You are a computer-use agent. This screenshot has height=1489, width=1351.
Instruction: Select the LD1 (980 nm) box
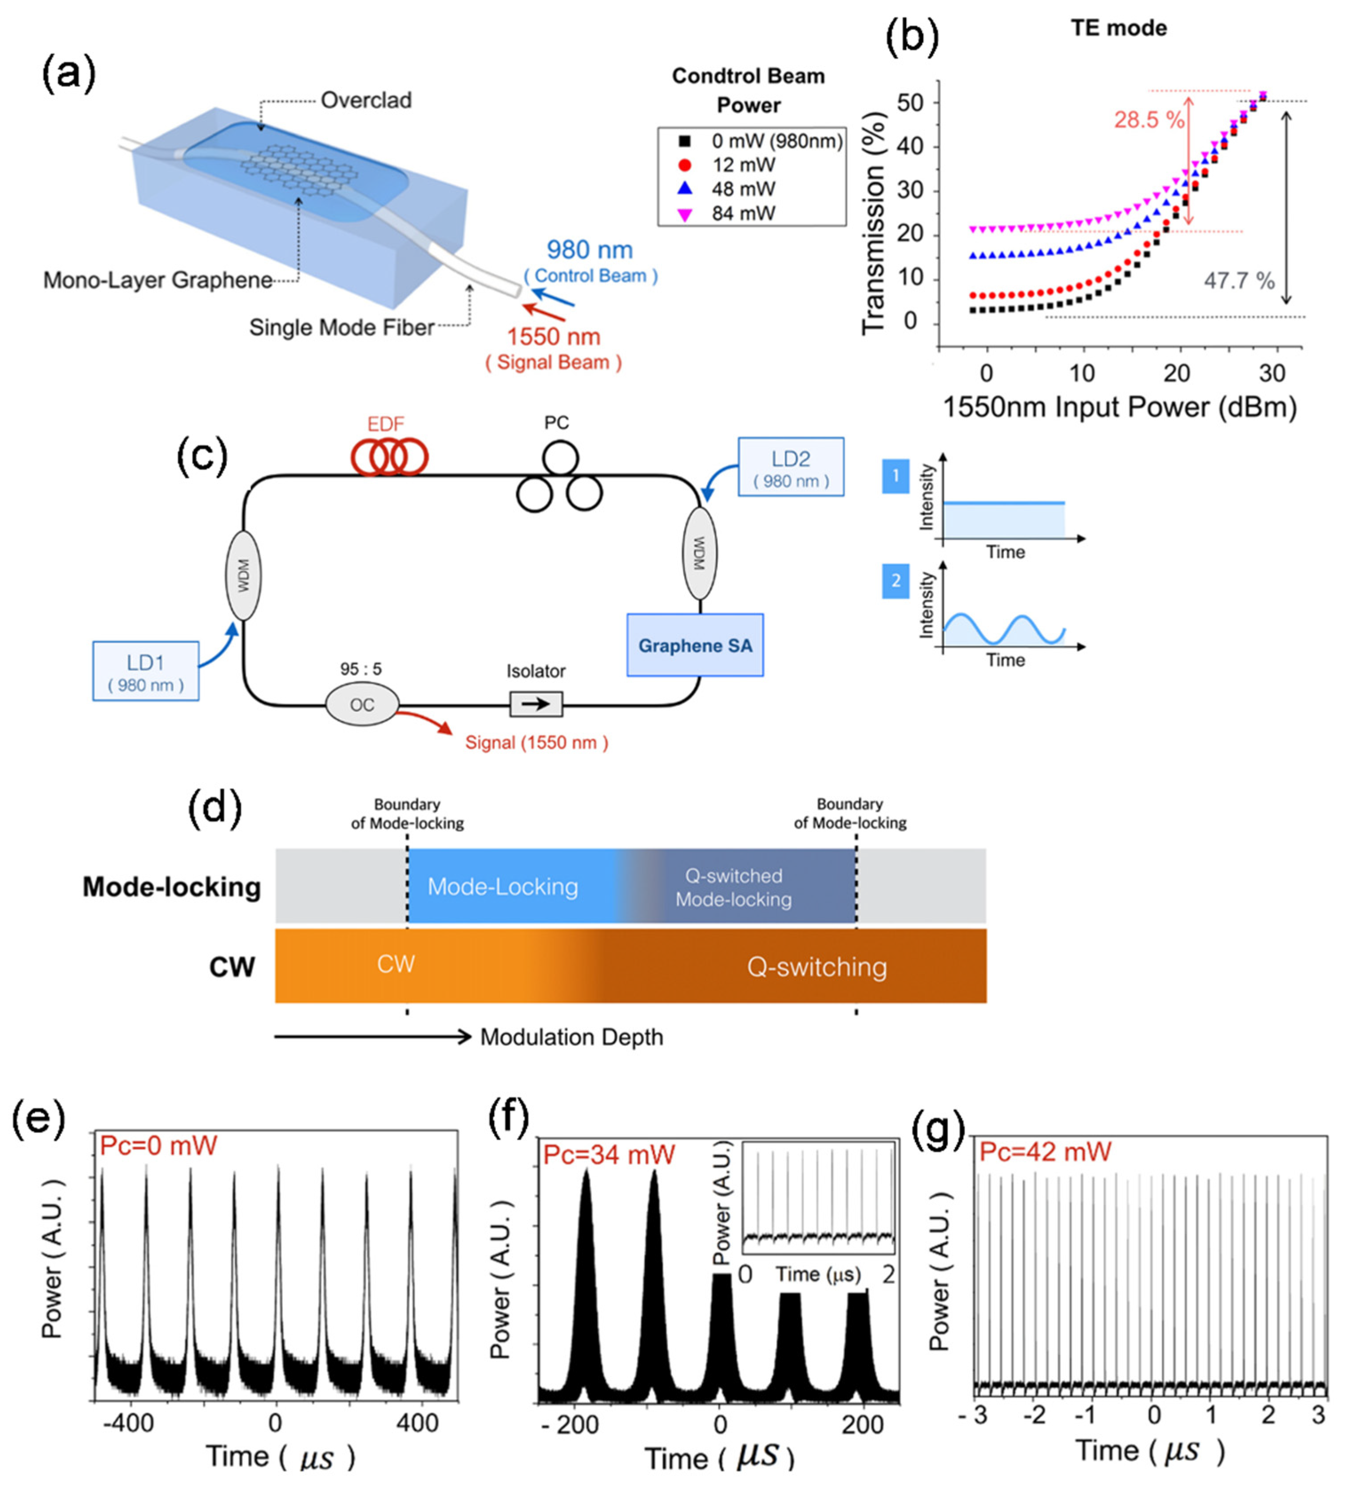tap(146, 671)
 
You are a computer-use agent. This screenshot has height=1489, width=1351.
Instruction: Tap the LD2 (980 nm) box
tap(790, 467)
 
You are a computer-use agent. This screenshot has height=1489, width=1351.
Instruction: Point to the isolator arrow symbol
tap(535, 704)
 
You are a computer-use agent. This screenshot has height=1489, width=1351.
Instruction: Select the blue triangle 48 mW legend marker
tap(685, 189)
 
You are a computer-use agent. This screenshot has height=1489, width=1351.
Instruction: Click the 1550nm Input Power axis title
tap(1120, 408)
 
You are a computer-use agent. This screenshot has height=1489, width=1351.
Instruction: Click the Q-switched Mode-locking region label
tap(733, 887)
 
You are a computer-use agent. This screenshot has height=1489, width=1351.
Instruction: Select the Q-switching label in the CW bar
tap(816, 967)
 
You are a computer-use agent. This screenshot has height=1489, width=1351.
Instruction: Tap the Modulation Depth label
tap(572, 1037)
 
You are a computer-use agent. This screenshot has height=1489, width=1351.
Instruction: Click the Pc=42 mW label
tap(1045, 1152)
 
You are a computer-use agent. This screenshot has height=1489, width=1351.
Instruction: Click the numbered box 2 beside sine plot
tap(895, 581)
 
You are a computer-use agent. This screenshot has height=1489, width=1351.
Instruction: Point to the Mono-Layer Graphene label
tap(157, 281)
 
